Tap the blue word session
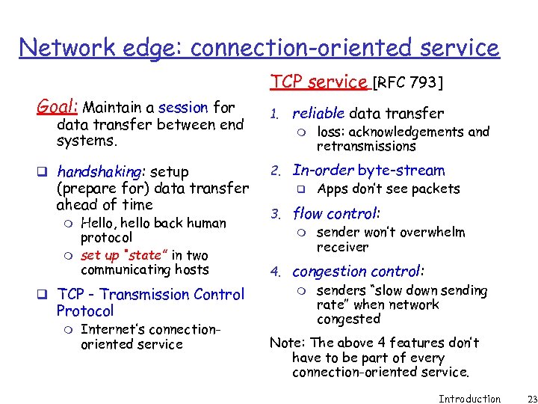(x=184, y=108)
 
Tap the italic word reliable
(x=318, y=114)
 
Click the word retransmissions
(x=366, y=146)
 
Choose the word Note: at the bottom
(x=287, y=343)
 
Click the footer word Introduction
(x=469, y=398)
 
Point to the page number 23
(x=522, y=398)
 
